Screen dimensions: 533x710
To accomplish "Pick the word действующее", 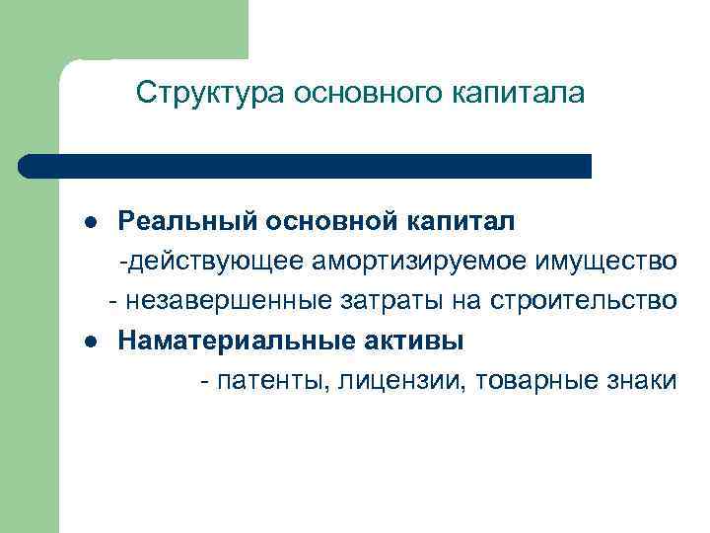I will pyautogui.click(x=215, y=262).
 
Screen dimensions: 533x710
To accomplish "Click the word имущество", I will pyautogui.click(x=606, y=262).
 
